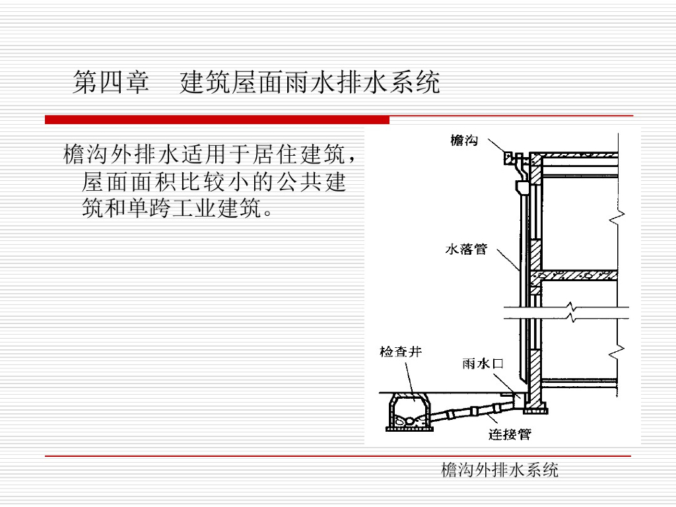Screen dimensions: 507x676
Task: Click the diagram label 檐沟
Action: coord(464,140)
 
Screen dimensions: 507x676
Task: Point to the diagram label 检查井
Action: coord(400,352)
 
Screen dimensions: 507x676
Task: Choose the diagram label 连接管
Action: coord(510,434)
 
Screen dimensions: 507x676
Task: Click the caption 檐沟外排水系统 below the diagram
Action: coord(499,469)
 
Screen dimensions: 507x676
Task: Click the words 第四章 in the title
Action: coord(111,84)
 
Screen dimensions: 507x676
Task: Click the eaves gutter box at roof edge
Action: coord(508,158)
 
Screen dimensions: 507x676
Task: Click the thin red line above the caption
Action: coord(337,456)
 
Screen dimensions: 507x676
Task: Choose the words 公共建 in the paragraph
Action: coord(311,182)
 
